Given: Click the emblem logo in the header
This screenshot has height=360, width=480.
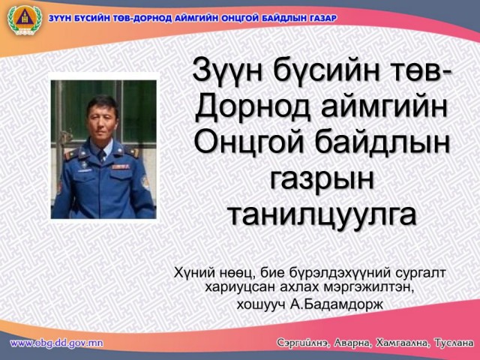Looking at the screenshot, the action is pyautogui.click(x=25, y=20).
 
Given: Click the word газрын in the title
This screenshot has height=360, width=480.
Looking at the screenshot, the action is pyautogui.click(x=322, y=178).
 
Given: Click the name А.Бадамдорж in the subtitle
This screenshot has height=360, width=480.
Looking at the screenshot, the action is pyautogui.click(x=336, y=304).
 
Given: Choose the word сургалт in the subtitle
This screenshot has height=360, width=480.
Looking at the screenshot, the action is pyautogui.click(x=420, y=272).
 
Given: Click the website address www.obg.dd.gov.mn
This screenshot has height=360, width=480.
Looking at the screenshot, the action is pyautogui.click(x=57, y=343).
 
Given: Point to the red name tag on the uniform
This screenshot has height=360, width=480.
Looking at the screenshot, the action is pyautogui.click(x=120, y=166).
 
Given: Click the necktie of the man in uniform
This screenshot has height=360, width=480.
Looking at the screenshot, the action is pyautogui.click(x=101, y=157).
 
